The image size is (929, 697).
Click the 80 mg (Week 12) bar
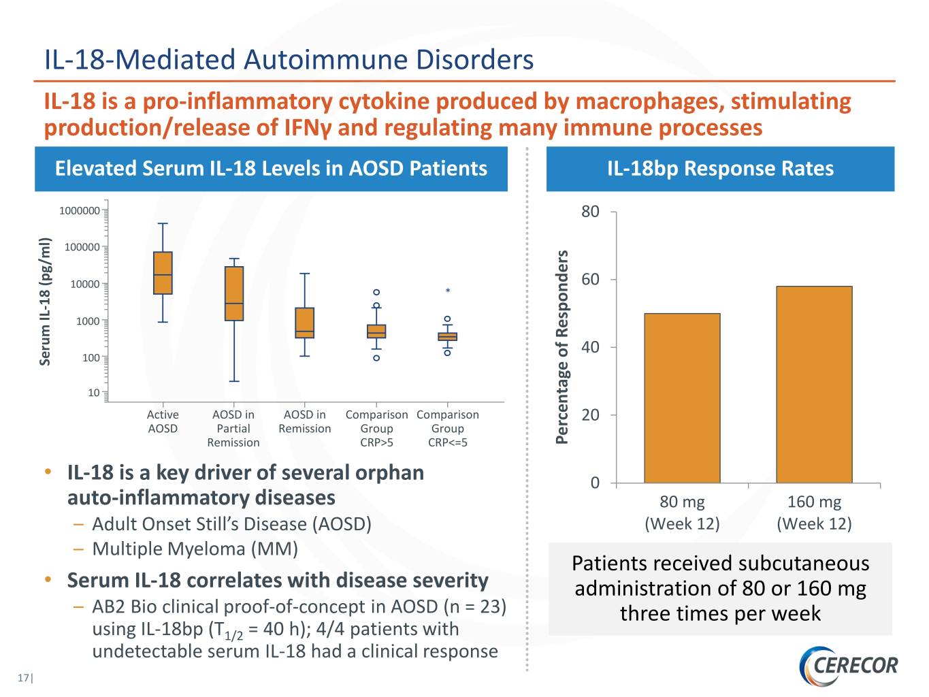(x=682, y=398)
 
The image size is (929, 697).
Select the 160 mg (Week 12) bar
(x=814, y=385)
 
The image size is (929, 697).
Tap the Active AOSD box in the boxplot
(x=163, y=273)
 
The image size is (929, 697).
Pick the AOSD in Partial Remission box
(x=234, y=293)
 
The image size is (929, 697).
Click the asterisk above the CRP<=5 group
(x=448, y=291)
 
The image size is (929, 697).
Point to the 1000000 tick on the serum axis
(x=80, y=211)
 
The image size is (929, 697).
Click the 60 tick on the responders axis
(x=590, y=280)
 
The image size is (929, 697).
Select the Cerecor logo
(x=849, y=665)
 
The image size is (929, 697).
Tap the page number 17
(x=24, y=678)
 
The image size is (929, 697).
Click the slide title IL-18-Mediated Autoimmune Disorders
(x=289, y=60)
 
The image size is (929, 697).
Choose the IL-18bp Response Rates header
(x=720, y=169)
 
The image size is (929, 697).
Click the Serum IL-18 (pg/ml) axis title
(x=46, y=301)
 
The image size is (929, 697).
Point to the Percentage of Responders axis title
(x=562, y=347)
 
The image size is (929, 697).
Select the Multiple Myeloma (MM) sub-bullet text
(x=195, y=549)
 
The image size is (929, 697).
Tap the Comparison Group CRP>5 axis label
(x=376, y=428)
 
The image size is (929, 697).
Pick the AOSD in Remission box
(x=304, y=323)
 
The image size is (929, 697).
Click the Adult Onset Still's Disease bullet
(x=231, y=524)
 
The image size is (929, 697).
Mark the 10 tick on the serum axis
(x=94, y=393)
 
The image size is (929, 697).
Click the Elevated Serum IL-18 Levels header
(x=271, y=169)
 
